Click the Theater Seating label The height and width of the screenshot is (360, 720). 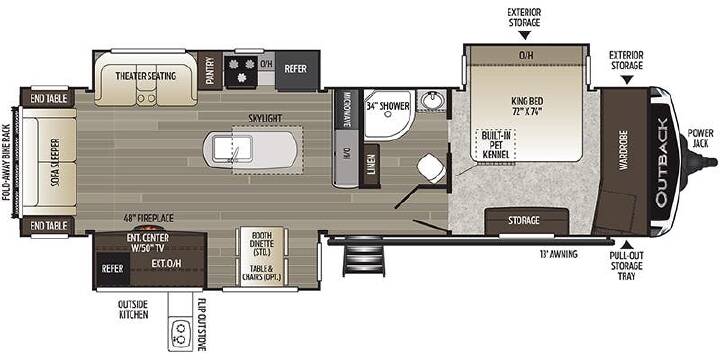(x=146, y=76)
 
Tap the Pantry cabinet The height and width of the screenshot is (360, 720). (x=210, y=70)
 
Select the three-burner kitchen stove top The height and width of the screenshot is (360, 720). (x=241, y=70)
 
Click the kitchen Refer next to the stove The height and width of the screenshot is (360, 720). (x=297, y=70)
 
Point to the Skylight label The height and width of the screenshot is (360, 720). (x=265, y=118)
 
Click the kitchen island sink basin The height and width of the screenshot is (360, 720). (x=228, y=150)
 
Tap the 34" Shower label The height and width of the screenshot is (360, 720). (x=388, y=106)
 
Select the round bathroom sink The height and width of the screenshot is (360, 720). (x=431, y=101)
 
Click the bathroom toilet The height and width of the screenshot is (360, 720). (x=431, y=168)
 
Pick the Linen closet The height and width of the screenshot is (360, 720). (x=371, y=166)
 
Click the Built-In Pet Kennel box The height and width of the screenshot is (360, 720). (x=495, y=145)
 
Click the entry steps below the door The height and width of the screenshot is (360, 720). (x=364, y=258)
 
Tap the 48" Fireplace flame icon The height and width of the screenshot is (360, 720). (x=149, y=228)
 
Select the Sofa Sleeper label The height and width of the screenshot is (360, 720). (x=56, y=163)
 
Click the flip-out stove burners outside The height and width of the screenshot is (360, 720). (x=180, y=333)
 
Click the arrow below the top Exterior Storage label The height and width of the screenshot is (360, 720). (x=524, y=35)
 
